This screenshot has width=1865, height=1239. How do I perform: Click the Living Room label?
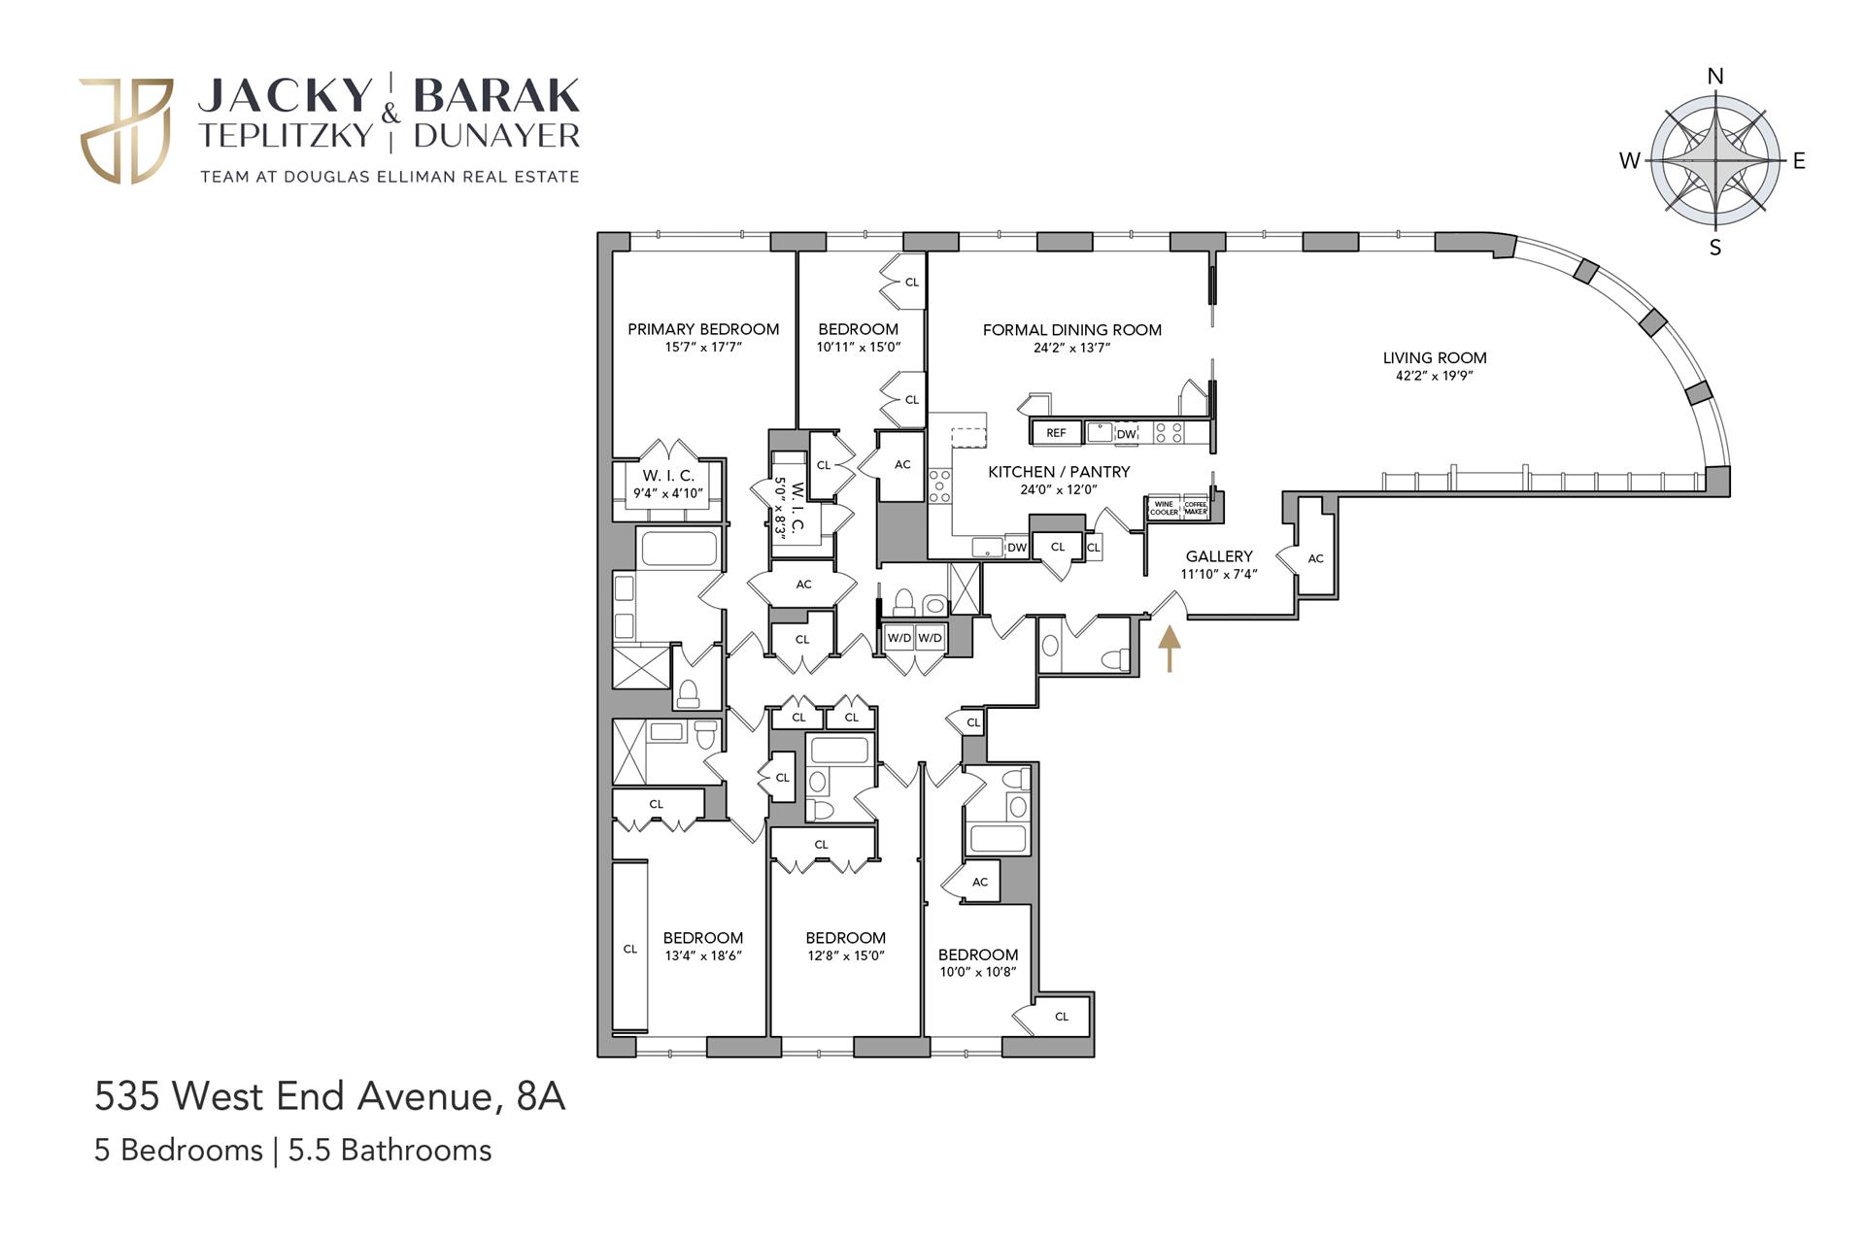(1434, 358)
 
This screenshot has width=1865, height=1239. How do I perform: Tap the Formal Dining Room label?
(1071, 330)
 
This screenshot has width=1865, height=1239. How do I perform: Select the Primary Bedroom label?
(703, 329)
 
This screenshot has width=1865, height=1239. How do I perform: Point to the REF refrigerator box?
(1056, 433)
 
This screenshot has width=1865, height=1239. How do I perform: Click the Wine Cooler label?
(1164, 508)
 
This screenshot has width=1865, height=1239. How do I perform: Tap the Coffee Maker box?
(1196, 508)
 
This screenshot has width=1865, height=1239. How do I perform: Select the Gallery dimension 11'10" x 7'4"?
(1219, 574)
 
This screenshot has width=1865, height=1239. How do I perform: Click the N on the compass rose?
(1715, 77)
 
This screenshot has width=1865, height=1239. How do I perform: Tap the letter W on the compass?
(1629, 161)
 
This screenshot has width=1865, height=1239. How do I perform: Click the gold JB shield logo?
(125, 131)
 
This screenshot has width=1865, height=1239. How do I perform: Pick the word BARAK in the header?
(496, 96)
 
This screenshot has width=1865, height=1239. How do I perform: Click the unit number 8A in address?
(541, 1096)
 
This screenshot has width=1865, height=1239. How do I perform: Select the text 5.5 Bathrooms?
(390, 1150)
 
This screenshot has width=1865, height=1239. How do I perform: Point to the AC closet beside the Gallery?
(1314, 558)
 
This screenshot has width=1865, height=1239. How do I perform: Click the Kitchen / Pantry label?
(1059, 472)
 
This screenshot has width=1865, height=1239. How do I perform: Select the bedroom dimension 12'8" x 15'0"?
(845, 955)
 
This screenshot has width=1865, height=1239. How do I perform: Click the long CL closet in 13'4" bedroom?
(629, 948)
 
